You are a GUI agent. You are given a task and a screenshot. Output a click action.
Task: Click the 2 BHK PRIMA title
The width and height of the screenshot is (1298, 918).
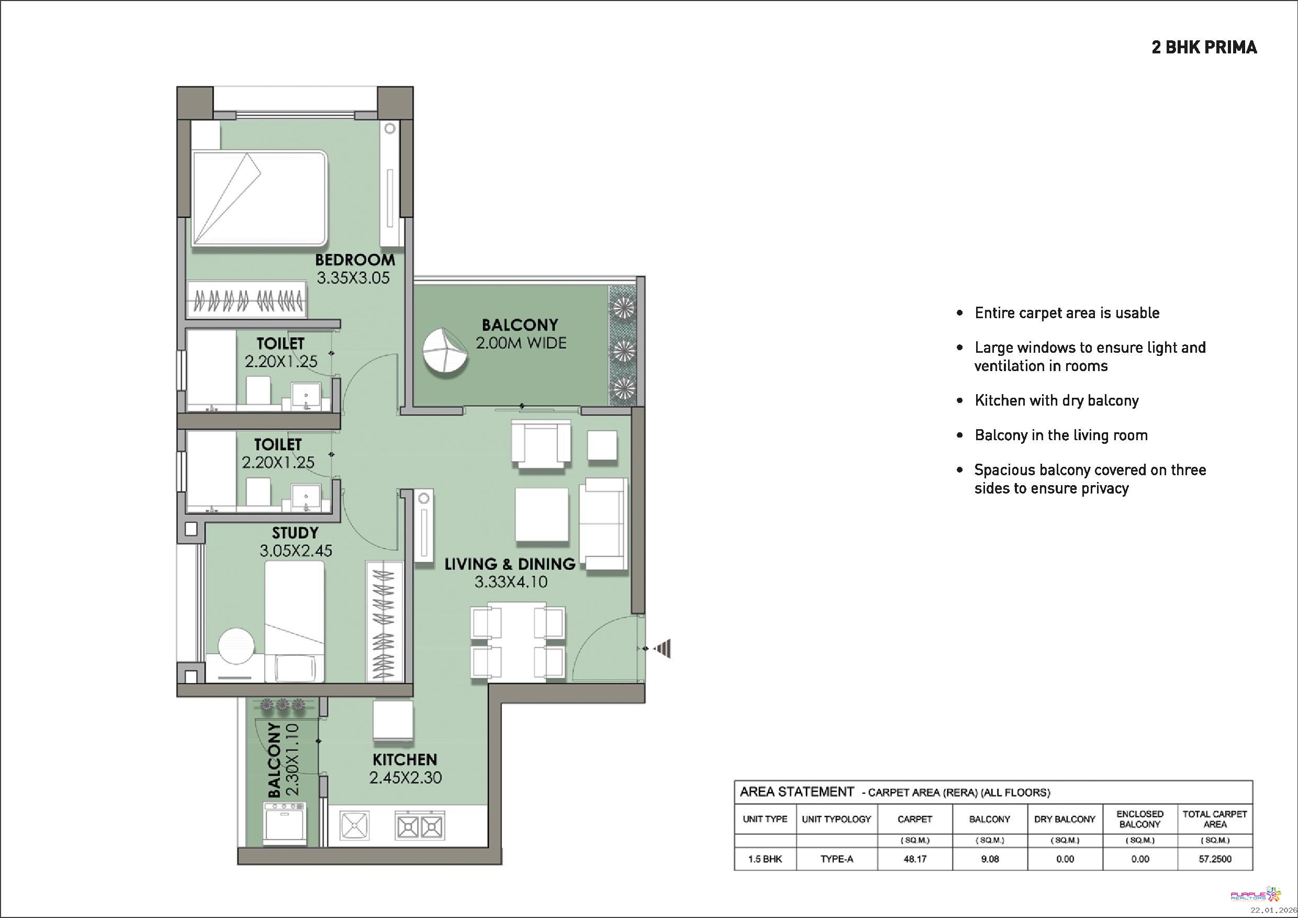(1204, 47)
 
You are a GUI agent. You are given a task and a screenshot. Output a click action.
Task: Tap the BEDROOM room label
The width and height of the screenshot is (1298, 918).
(355, 260)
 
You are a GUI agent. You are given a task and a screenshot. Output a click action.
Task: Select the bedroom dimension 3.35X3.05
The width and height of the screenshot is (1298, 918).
(353, 278)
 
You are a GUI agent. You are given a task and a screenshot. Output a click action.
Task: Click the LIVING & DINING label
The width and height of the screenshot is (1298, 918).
(509, 564)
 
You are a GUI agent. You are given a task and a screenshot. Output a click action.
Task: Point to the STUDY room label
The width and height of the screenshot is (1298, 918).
(295, 533)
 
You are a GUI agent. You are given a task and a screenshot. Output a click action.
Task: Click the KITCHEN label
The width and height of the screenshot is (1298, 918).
(405, 760)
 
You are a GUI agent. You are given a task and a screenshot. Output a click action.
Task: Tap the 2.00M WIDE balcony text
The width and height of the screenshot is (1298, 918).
(521, 343)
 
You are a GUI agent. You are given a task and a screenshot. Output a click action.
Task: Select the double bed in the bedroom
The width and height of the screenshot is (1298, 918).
(260, 198)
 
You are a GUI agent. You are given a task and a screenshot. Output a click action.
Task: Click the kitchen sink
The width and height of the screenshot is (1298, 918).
(354, 825)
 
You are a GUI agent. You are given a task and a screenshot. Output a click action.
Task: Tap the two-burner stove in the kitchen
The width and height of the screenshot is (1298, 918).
(419, 826)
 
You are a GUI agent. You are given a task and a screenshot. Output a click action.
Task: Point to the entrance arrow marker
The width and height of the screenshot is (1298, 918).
(663, 648)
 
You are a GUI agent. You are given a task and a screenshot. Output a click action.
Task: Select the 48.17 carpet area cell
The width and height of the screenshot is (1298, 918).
(915, 859)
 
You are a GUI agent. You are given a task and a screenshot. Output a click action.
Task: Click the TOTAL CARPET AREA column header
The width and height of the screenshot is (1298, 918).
(1215, 819)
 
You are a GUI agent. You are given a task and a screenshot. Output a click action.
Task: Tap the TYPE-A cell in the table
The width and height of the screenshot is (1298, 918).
(837, 859)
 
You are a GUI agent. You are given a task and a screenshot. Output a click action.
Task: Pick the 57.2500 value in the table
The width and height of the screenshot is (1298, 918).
(1215, 859)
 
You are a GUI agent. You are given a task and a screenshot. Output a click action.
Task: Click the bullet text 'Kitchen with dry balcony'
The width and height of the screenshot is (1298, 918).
(1057, 401)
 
